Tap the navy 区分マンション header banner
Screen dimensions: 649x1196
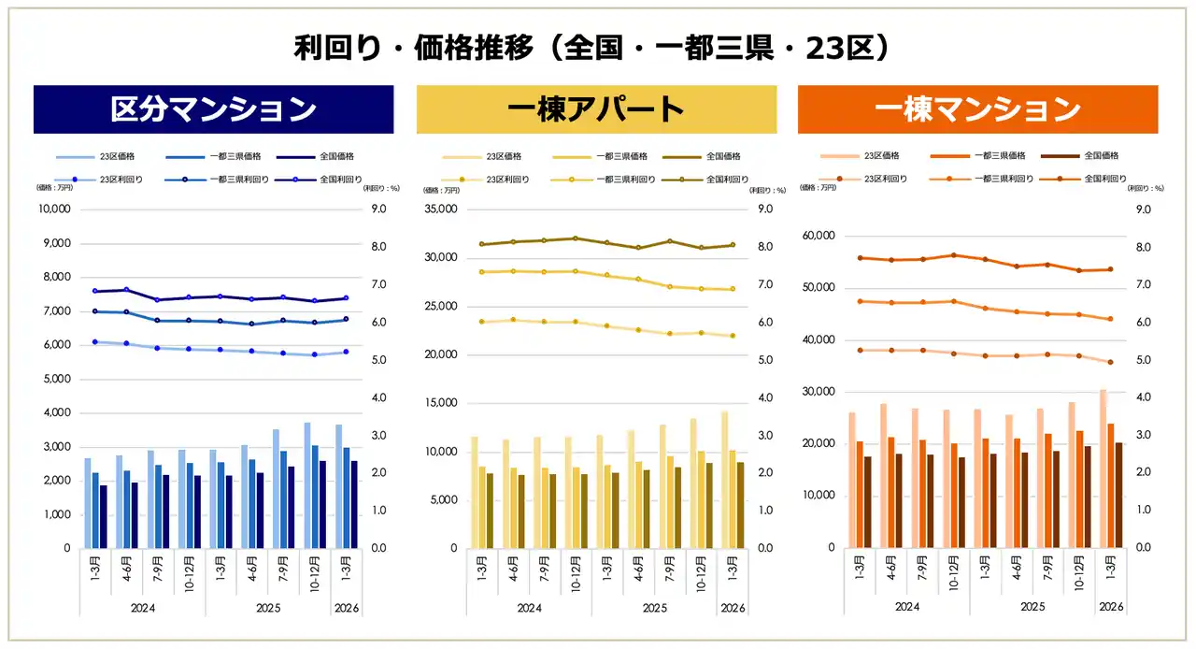213,109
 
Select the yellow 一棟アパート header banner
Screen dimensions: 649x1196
595,109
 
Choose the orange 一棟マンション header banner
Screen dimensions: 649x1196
976,109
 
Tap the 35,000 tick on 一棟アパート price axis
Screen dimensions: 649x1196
440,209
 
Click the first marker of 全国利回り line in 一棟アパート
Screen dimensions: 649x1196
481,244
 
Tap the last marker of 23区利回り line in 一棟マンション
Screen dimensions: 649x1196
1110,362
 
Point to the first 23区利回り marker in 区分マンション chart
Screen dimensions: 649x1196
95,342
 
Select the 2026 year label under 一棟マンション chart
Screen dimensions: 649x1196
1111,607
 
